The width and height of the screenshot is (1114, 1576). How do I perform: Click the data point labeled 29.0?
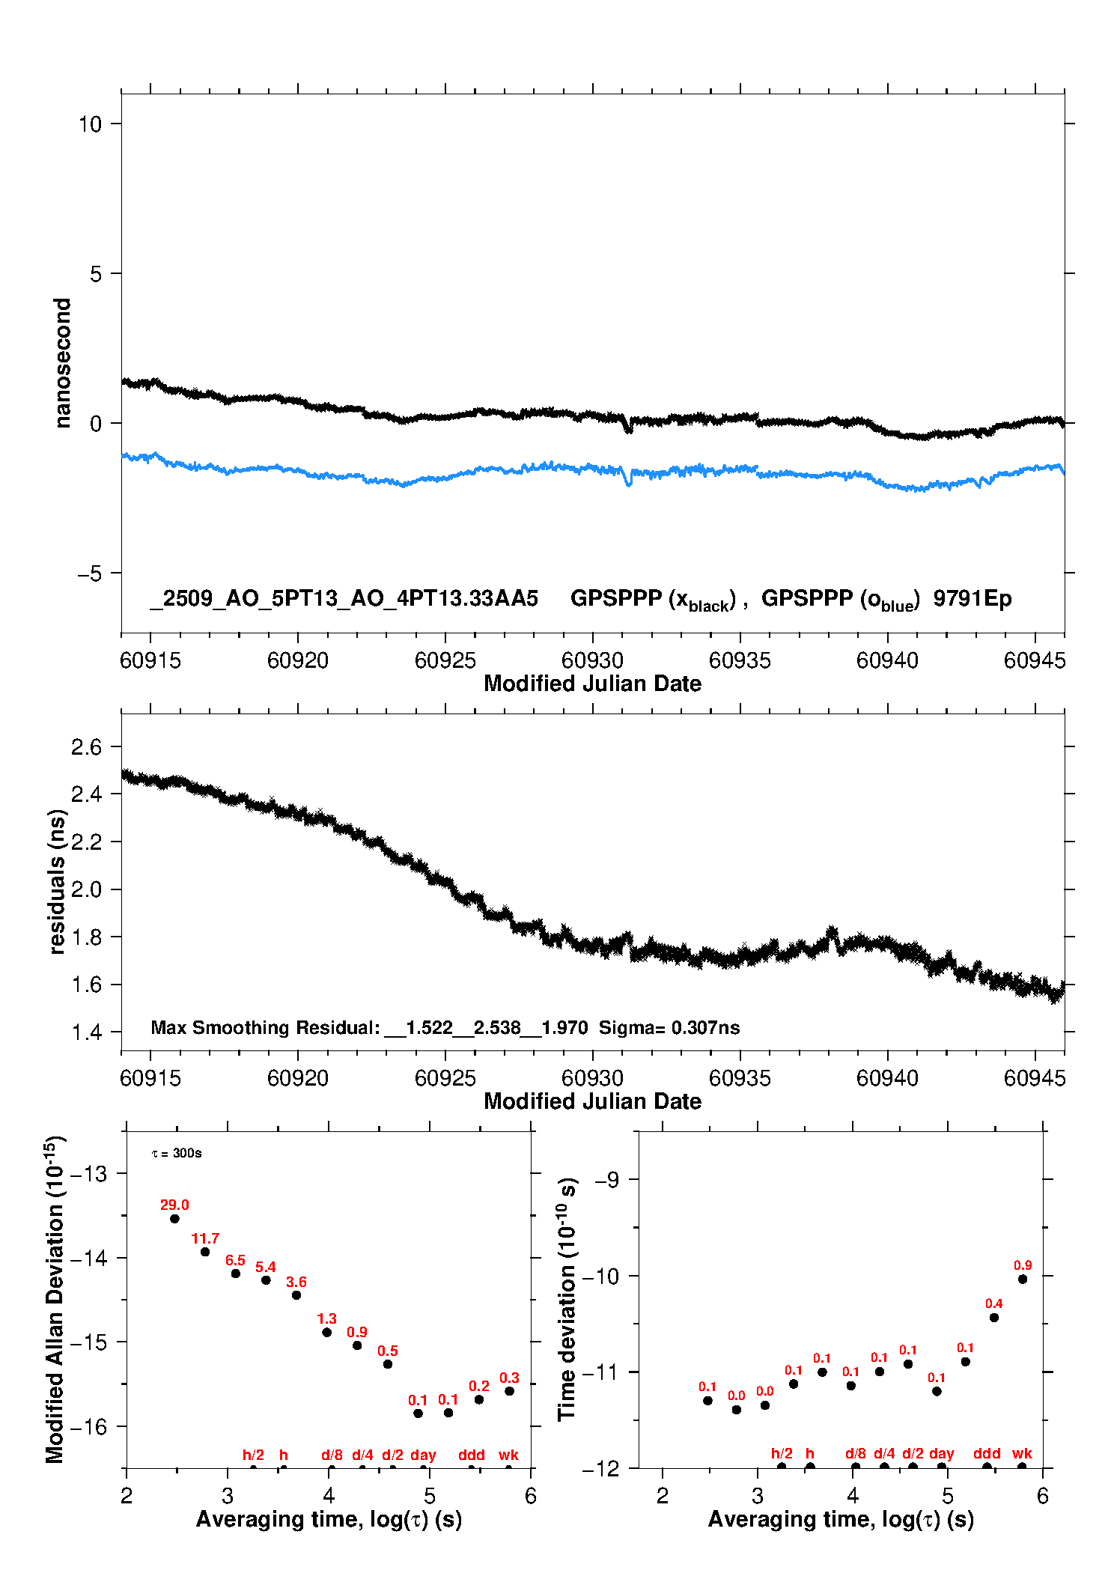pyautogui.click(x=174, y=1218)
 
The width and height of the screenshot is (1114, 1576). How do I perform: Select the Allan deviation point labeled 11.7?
pyautogui.click(x=205, y=1252)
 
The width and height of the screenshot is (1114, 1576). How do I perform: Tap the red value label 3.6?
pyautogui.click(x=296, y=1282)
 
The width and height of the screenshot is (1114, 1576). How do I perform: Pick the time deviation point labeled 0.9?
pyautogui.click(x=1023, y=1279)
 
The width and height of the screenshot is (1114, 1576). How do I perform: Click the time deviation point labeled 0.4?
pyautogui.click(x=994, y=1318)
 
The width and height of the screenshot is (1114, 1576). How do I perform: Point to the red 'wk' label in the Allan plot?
pyautogui.click(x=508, y=1455)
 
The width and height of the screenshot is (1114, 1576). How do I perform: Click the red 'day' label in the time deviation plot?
pyautogui.click(x=941, y=1453)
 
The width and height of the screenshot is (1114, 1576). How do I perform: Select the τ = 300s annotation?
pyautogui.click(x=177, y=1153)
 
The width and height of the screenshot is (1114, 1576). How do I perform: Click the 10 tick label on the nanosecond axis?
pyautogui.click(x=90, y=124)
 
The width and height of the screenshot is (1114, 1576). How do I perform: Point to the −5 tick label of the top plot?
pyautogui.click(x=89, y=573)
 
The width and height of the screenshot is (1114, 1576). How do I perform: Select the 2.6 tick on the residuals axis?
pyautogui.click(x=86, y=746)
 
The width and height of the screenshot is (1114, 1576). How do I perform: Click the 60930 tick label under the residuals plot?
pyautogui.click(x=592, y=1078)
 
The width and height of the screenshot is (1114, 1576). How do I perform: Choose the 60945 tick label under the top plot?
pyautogui.click(x=1034, y=660)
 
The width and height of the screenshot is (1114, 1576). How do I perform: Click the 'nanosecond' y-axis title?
pyautogui.click(x=63, y=362)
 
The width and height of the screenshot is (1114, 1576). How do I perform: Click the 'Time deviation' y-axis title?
pyautogui.click(x=567, y=1300)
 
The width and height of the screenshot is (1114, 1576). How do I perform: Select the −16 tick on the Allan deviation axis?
pyautogui.click(x=88, y=1427)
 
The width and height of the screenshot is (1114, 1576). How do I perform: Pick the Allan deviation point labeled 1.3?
pyautogui.click(x=326, y=1332)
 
